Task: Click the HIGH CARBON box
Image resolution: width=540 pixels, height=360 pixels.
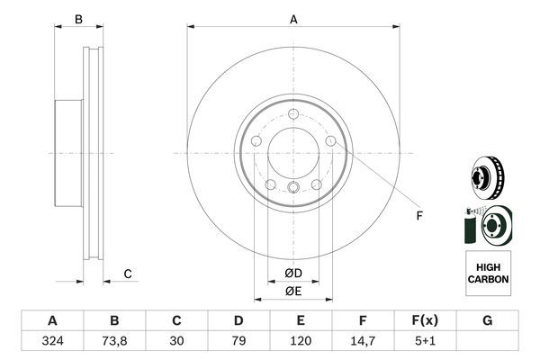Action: pyautogui.click(x=488, y=274)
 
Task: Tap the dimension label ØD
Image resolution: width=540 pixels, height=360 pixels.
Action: pyautogui.click(x=293, y=273)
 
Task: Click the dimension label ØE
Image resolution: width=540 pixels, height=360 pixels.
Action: pyautogui.click(x=293, y=290)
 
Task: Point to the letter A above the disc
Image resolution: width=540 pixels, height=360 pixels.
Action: pyautogui.click(x=293, y=20)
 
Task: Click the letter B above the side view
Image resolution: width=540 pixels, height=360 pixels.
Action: pyautogui.click(x=78, y=20)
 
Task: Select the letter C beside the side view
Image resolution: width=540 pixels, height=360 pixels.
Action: pyautogui.click(x=128, y=274)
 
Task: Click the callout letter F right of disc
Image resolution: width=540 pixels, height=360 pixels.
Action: pyautogui.click(x=418, y=216)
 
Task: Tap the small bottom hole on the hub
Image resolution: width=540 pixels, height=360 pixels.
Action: pyautogui.click(x=293, y=187)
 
